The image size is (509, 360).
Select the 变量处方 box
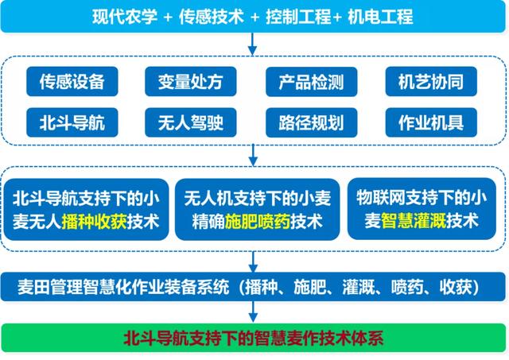185,80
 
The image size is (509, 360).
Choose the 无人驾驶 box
185,122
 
